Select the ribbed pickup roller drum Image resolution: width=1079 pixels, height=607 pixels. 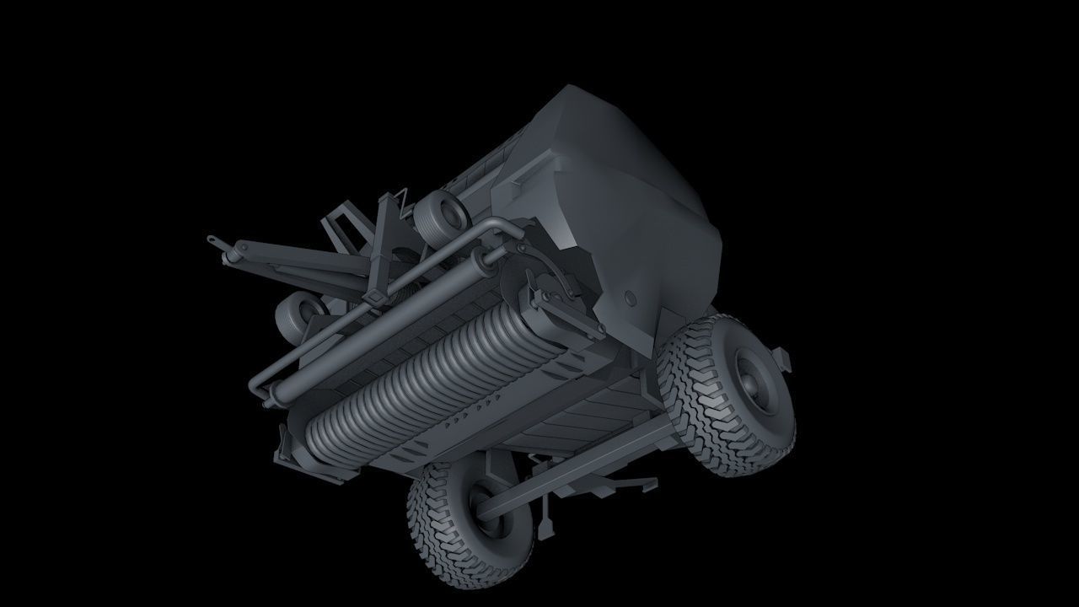click(421, 379)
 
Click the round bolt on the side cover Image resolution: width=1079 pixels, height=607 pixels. click(630, 299)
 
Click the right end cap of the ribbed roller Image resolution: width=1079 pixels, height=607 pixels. click(556, 316)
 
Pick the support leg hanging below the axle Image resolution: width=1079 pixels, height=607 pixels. click(548, 518)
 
